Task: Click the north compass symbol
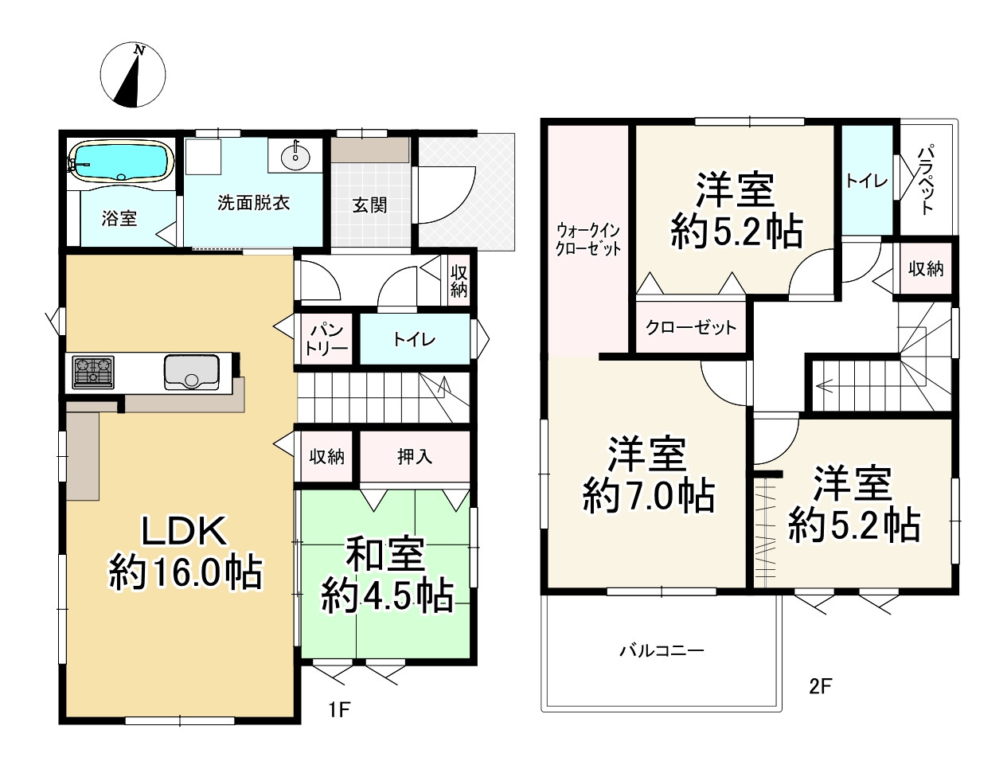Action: coord(133,75)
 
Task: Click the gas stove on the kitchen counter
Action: coord(93,372)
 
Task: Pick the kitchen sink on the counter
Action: coord(192,372)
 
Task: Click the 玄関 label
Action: coord(369,205)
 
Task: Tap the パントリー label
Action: coord(326,340)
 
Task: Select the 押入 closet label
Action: coord(415,456)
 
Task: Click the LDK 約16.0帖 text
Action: coord(185,554)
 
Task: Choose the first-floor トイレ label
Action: coord(414,340)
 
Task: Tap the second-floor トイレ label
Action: coord(867,181)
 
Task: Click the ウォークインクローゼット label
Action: coord(587,240)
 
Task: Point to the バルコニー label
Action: coord(662,650)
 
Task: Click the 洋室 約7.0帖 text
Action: coord(648,476)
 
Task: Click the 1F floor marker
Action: coord(339,710)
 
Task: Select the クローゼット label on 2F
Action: coord(690,327)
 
